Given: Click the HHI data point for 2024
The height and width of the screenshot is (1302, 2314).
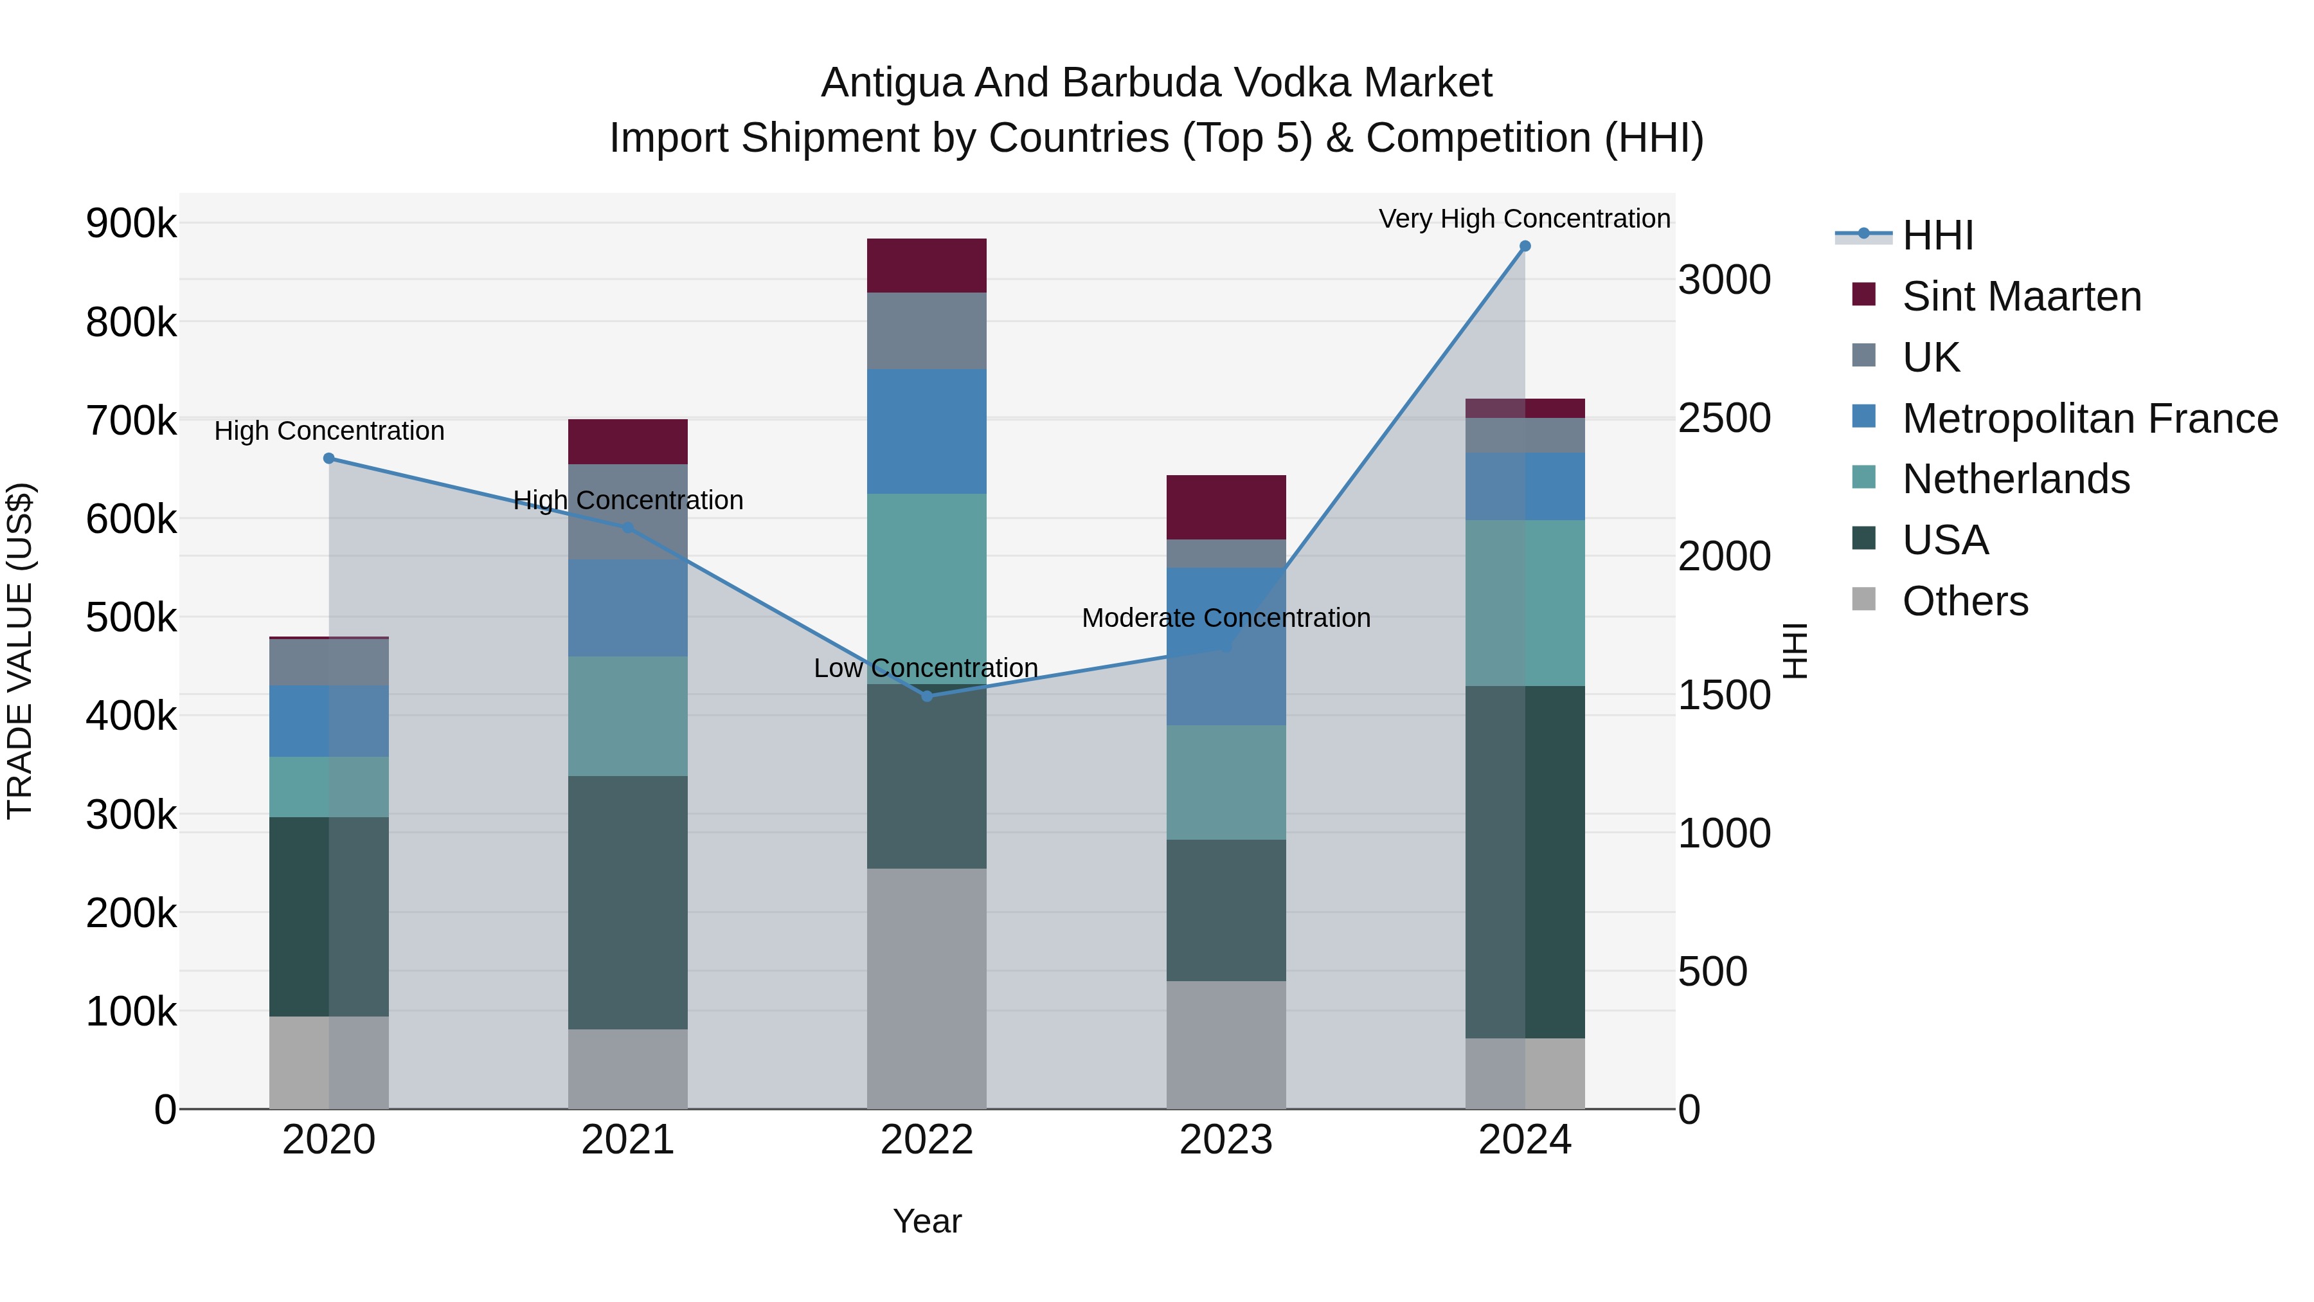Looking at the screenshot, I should coord(1525,246).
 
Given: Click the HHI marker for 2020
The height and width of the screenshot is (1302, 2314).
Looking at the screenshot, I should coord(328,458).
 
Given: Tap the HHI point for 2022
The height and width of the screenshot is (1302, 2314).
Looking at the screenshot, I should coord(927,696).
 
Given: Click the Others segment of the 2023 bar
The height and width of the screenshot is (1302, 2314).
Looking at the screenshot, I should coord(1226,1044).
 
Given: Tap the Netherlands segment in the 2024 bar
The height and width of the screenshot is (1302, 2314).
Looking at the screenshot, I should coord(1525,603).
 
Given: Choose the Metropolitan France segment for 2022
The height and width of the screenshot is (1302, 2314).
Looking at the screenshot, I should coord(927,431).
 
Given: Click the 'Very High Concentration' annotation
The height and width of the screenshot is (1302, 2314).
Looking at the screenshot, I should coord(1525,219).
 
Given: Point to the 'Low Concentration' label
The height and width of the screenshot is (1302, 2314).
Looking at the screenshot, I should coord(925,667).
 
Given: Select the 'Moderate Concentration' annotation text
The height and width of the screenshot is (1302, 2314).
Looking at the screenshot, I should coord(1226,617).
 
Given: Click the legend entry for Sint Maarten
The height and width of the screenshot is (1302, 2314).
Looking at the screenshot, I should coord(2021,296).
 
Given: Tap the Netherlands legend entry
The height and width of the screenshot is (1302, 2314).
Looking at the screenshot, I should coord(2016,479).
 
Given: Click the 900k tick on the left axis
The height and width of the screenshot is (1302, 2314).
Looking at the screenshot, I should coord(131,223).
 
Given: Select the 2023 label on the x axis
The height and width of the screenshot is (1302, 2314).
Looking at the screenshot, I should coord(1226,1140).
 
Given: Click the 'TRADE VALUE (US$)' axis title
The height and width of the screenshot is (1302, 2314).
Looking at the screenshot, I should coord(21,651).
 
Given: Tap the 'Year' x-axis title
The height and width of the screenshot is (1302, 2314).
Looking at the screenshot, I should coord(927,1221).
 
